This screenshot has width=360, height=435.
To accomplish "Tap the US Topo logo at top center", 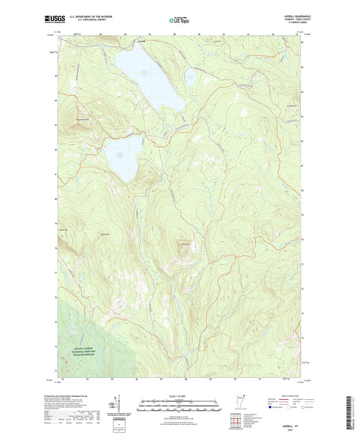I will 180,21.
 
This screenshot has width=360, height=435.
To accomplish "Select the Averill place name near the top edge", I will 141,41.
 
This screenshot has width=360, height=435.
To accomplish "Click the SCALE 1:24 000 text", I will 180,395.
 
